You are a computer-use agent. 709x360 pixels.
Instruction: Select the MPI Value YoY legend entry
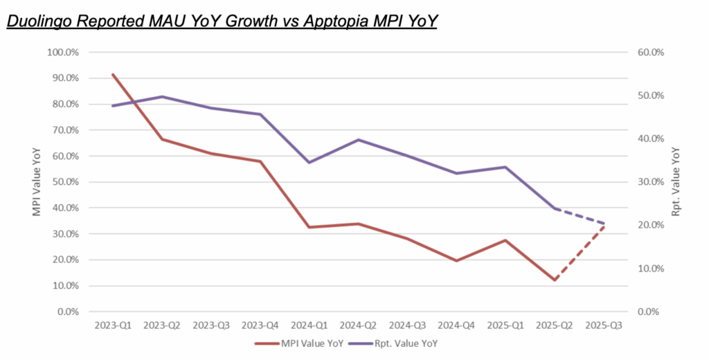(x=309, y=343)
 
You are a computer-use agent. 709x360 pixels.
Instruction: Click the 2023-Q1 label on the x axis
(x=112, y=325)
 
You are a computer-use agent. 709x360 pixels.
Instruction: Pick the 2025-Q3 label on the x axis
(x=604, y=325)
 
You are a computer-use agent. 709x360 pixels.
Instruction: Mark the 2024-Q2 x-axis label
(x=358, y=325)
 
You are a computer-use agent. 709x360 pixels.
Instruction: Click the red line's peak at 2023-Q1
(x=112, y=74)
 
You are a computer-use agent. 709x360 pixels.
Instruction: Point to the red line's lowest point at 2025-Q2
(x=555, y=280)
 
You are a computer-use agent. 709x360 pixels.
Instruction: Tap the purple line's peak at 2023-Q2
(x=161, y=96)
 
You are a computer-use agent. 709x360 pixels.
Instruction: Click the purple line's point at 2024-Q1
(x=309, y=162)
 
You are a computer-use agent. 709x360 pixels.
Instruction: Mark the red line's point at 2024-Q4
(x=456, y=260)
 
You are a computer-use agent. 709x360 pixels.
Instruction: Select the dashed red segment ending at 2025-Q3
(x=580, y=252)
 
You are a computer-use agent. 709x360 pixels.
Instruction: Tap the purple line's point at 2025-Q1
(x=505, y=167)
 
